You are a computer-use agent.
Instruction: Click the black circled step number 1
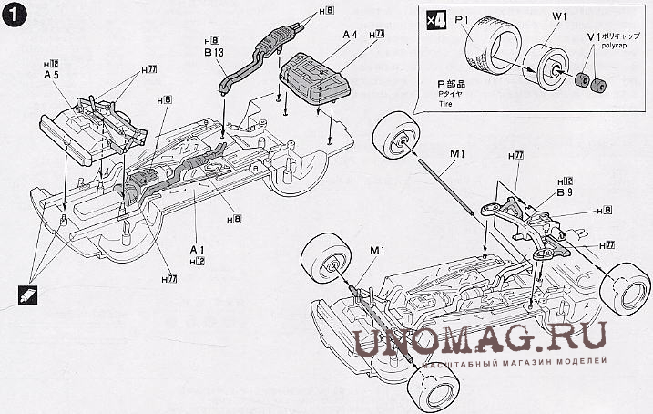15,16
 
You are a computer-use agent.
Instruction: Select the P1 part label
461,18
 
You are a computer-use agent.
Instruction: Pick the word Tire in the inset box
446,106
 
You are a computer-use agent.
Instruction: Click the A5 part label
51,76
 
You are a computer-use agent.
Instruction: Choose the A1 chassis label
195,248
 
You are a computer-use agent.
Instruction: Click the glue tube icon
27,293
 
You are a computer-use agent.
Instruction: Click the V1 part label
593,34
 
